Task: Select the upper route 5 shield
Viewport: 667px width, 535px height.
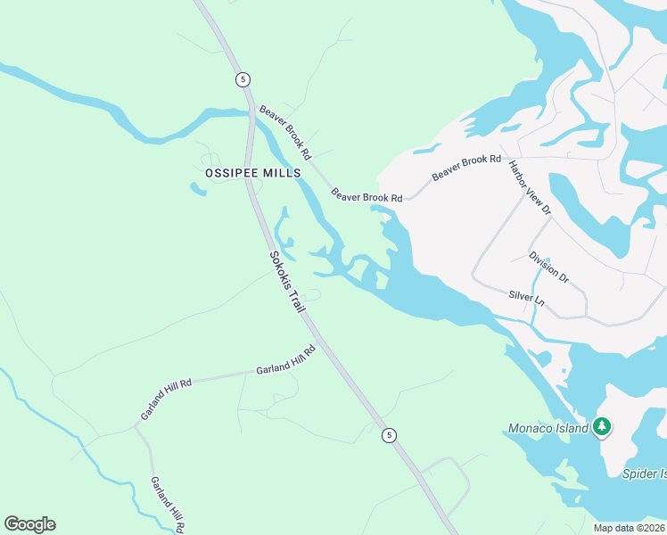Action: (x=243, y=79)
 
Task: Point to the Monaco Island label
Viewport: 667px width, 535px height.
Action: (x=548, y=428)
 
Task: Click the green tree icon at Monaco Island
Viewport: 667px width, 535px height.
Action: (x=603, y=427)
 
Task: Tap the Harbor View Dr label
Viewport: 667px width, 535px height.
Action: (x=530, y=188)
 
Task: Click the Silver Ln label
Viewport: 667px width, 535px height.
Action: (x=526, y=297)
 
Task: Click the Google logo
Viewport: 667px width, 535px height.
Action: (x=29, y=524)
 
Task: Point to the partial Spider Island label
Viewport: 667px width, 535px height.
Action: (x=645, y=473)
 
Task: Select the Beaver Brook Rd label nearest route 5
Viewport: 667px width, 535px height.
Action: (x=285, y=132)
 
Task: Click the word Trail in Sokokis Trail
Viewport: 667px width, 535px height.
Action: (x=296, y=297)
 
